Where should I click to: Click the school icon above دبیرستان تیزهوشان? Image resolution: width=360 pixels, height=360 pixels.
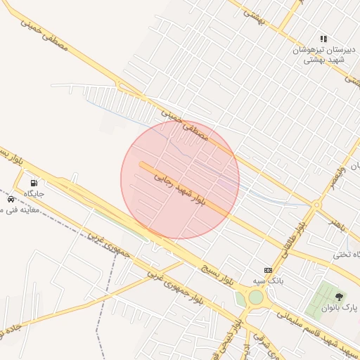pyautogui.click(x=323, y=39)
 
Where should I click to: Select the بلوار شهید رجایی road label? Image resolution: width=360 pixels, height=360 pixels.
pyautogui.click(x=181, y=188)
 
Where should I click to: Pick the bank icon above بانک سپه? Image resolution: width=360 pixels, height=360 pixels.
pyautogui.click(x=267, y=270)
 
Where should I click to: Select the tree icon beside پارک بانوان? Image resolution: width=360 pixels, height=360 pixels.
pyautogui.click(x=340, y=297)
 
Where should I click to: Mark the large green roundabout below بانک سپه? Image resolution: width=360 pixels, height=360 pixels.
pyautogui.click(x=255, y=297)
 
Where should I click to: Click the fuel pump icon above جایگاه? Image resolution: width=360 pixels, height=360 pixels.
pyautogui.click(x=34, y=184)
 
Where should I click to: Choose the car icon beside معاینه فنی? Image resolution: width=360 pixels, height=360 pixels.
pyautogui.click(x=10, y=199)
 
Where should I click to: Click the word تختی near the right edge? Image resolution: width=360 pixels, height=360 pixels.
pyautogui.click(x=352, y=254)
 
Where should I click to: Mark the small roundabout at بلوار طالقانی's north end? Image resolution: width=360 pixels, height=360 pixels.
pyautogui.click(x=316, y=205)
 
